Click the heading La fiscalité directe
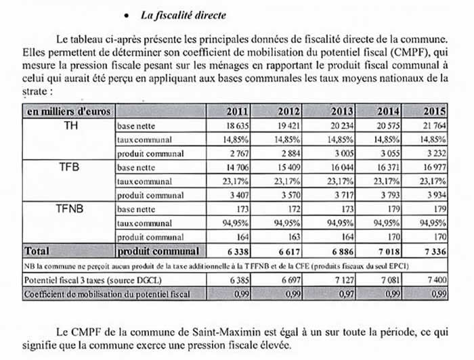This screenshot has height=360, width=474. click(x=184, y=15)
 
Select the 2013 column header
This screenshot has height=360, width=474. click(x=342, y=111)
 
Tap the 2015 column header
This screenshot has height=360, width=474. click(x=435, y=111)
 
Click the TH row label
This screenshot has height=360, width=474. click(x=70, y=125)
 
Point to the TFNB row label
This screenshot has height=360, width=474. click(x=69, y=208)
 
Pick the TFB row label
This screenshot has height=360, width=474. click(x=69, y=166)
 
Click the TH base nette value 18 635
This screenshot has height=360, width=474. click(x=238, y=125)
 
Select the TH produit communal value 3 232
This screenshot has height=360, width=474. click(x=436, y=153)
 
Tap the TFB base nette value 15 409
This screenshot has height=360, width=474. click(x=288, y=167)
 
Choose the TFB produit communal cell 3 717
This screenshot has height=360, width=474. click(x=344, y=195)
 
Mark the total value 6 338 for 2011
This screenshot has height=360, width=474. click(x=238, y=251)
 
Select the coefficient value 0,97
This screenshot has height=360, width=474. click(x=346, y=294)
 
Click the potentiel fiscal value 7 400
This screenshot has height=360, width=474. click(x=437, y=280)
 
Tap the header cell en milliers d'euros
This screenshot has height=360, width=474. click(x=68, y=111)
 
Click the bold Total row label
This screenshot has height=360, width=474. click(x=37, y=251)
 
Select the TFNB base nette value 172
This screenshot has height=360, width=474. click(x=294, y=208)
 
